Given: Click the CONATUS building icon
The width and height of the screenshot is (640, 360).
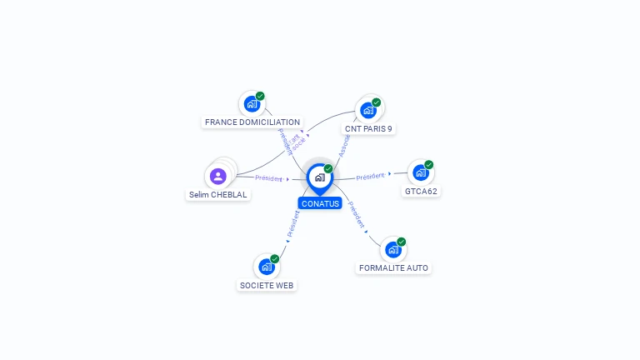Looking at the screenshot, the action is point(319,177).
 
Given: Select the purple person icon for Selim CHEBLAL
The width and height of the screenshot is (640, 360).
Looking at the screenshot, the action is point(217,176).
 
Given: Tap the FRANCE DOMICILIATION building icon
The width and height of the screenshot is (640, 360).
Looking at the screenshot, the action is point(252,104).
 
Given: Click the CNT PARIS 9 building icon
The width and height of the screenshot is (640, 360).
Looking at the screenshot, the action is point(367,110).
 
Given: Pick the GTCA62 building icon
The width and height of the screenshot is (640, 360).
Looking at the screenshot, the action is point(420,172).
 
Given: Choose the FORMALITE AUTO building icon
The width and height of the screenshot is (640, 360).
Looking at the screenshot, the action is point(392,249).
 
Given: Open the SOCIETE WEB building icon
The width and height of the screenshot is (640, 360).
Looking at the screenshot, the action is point(266,267).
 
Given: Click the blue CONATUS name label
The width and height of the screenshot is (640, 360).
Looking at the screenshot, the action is point(320,203).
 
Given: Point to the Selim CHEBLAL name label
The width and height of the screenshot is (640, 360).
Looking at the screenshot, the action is point(218,195).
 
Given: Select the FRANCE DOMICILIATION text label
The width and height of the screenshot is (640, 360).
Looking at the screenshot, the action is point(252,122).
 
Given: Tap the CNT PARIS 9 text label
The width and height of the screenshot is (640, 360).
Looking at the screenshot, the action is point(368,129).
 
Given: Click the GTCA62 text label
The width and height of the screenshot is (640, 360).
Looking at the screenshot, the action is point(421,191).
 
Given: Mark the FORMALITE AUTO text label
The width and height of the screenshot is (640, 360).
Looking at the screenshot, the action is point(394,268).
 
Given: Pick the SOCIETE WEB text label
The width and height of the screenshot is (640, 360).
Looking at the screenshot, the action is point(267,285).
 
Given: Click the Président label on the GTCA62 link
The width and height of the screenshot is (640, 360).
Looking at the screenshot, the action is point(370,177).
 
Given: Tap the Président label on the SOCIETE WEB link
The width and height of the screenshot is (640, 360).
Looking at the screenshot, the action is point(292,224).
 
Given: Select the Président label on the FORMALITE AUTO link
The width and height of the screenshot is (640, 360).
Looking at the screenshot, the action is point(357,215).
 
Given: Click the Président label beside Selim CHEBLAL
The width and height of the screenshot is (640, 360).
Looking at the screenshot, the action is point(269,178).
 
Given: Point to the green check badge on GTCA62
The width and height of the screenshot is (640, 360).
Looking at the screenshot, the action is point(429,165).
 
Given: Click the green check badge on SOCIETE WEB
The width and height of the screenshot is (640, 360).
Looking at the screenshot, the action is point(274,259).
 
